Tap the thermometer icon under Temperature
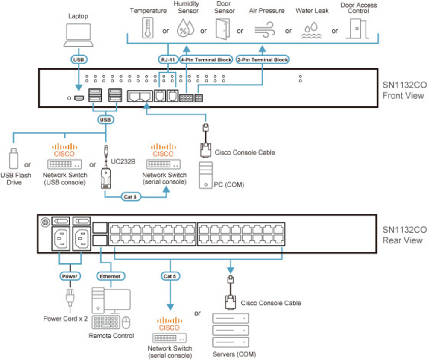[x=148, y=30]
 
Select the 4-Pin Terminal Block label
[x=206, y=60]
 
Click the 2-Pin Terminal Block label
[x=262, y=60]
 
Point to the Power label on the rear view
[x=70, y=276]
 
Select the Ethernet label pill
[x=110, y=276]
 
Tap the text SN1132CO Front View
[x=403, y=89]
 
